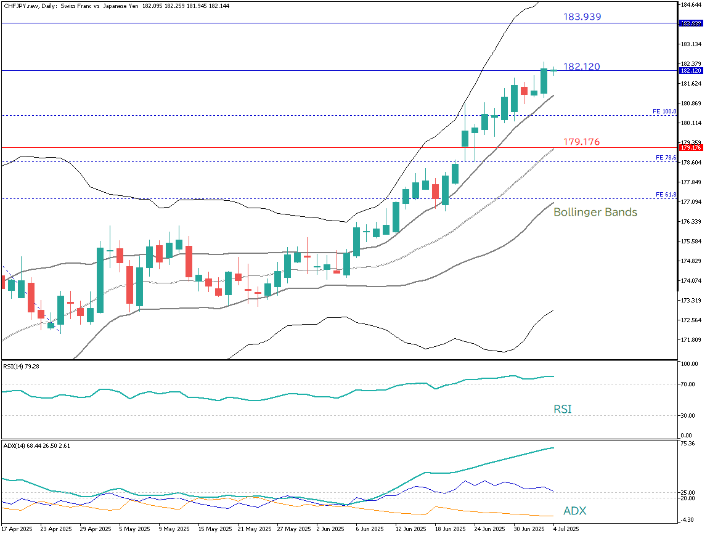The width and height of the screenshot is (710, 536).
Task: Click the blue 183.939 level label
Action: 582,17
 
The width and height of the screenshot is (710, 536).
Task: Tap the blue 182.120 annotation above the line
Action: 582,67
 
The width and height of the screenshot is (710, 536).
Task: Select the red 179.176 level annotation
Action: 582,142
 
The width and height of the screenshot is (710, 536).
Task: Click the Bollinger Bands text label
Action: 595,212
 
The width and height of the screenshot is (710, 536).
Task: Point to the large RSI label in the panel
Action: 562,408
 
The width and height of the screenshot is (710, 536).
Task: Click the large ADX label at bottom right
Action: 574,511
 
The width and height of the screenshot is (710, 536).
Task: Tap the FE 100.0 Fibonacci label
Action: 664,112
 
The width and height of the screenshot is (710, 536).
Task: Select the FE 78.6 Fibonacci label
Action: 666,158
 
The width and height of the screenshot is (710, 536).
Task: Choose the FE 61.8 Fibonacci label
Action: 666,195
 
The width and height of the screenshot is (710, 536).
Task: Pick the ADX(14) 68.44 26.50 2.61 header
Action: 36,445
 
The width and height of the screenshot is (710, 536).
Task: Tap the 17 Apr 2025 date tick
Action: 16,529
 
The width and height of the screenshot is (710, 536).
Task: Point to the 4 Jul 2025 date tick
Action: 566,529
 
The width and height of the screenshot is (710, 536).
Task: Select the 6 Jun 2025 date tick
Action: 370,529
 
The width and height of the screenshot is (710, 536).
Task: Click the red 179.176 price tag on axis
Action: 690,147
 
